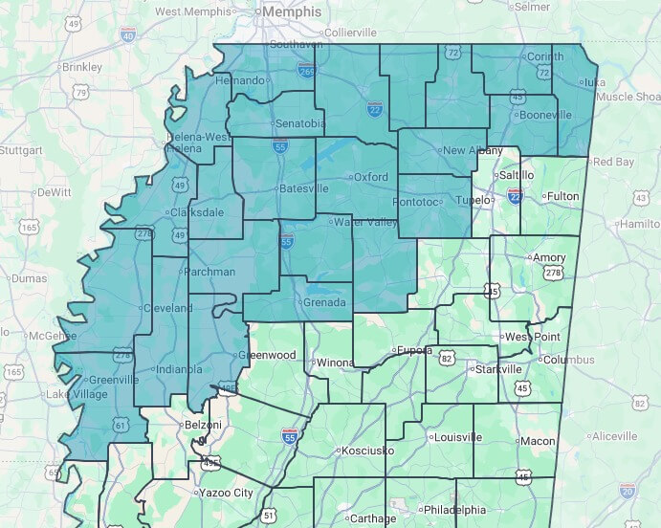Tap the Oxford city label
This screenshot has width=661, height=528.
371,177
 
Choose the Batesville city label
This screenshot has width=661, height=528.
303,188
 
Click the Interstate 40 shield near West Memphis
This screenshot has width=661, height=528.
128,36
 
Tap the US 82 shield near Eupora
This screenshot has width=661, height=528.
447,358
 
